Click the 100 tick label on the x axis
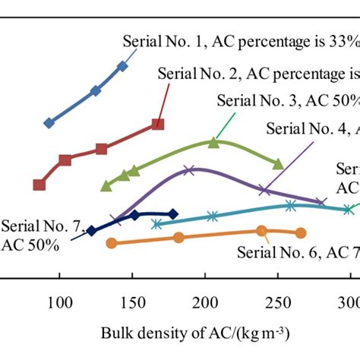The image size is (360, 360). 59,304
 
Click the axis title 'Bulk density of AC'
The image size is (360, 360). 194,333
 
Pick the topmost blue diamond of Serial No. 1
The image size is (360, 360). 123,67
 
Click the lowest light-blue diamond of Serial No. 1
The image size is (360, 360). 49,122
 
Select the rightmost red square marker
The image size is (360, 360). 157,124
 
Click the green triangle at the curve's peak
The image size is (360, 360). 213,142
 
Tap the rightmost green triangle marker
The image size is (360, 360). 279,163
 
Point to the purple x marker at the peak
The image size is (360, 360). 190,170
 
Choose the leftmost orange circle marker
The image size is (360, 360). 112,243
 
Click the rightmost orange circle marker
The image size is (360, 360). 301,233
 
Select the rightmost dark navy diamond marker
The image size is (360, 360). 173,215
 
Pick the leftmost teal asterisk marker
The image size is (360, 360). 156,224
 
